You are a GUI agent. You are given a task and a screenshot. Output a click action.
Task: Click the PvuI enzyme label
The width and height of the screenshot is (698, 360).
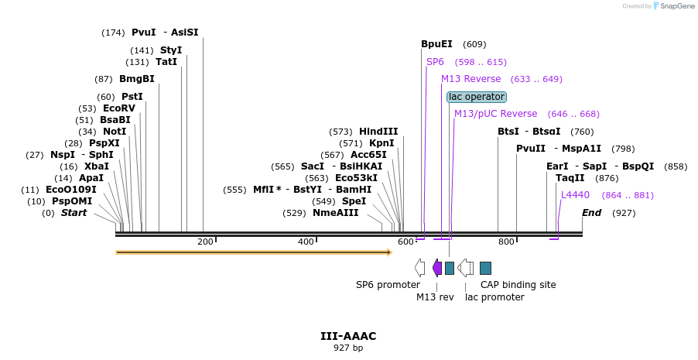pos(144,33)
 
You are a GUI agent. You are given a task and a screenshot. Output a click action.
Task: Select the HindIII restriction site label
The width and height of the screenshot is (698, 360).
pos(378,132)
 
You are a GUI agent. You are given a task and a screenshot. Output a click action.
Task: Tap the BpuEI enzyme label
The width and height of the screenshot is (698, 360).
pos(436,44)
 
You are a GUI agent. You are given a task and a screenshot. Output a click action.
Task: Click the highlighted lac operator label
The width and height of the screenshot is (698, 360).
pos(477,97)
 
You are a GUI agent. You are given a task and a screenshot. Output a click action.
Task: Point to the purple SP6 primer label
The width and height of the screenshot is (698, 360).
pos(435,62)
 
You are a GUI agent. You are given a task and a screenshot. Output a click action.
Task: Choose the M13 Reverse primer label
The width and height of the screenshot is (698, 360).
pos(471,79)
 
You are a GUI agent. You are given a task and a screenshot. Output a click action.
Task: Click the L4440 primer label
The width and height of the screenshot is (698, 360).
pos(575,195)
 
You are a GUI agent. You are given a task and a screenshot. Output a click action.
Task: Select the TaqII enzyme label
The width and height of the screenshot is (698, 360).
pos(570,178)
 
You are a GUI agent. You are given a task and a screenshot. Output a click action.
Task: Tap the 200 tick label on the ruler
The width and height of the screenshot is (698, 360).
pos(205,242)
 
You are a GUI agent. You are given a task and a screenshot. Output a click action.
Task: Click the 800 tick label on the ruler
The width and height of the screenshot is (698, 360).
pos(506,242)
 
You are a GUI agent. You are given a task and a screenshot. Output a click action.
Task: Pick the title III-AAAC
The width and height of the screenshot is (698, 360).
pos(348,336)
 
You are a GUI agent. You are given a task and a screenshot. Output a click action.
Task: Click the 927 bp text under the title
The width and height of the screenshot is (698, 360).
pos(348,348)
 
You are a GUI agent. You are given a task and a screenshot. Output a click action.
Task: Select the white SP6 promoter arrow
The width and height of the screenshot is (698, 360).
pos(419,268)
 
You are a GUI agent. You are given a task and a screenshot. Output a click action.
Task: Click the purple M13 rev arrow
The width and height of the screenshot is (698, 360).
pos(437,268)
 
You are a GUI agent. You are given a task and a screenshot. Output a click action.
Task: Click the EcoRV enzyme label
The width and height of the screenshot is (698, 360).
pos(119,108)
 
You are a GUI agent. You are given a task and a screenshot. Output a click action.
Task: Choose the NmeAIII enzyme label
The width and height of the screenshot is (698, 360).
pos(336,213)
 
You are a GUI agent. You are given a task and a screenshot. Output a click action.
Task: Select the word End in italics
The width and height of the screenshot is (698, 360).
pos(591,213)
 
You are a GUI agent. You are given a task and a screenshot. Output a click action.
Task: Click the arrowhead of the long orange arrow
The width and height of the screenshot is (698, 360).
pos(389,252)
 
